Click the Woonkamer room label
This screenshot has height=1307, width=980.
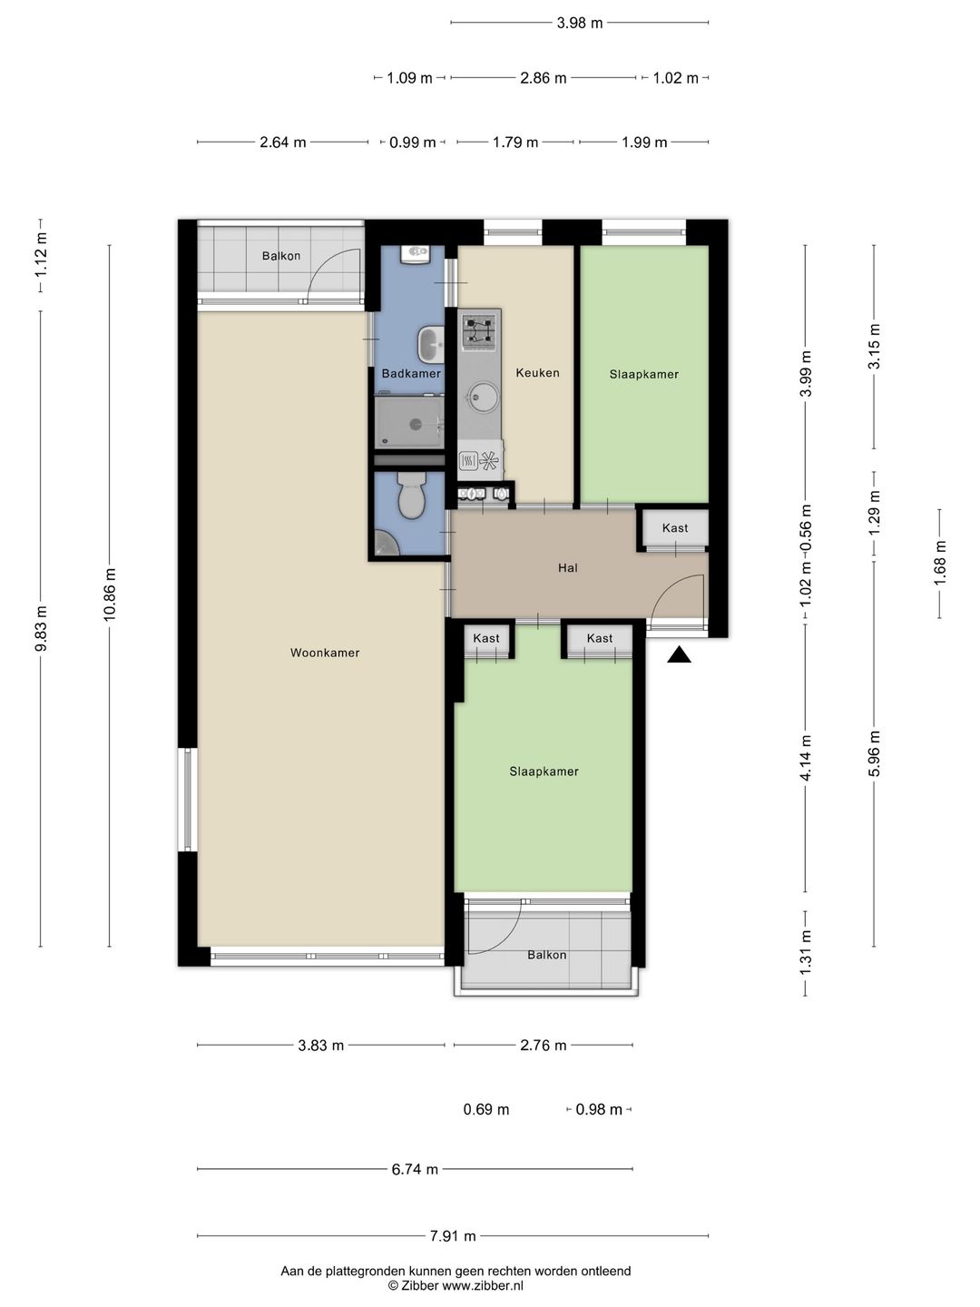click(325, 653)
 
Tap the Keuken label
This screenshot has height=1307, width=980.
click(537, 373)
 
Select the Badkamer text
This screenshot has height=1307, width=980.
click(411, 373)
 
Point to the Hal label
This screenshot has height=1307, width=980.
click(568, 567)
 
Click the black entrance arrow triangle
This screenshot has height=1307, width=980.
click(679, 655)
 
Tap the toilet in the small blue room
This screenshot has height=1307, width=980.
click(410, 495)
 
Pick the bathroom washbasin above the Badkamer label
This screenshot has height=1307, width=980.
click(430, 344)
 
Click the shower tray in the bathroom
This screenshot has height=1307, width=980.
click(409, 423)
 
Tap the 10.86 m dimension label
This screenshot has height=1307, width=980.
click(110, 595)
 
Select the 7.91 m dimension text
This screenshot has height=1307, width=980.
click(453, 1236)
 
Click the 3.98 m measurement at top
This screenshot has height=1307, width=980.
click(580, 23)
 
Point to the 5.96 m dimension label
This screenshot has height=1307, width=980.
click(874, 753)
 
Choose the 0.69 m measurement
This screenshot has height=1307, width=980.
click(486, 1109)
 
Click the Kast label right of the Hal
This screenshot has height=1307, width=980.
click(675, 527)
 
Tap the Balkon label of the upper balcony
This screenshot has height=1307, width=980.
click(281, 255)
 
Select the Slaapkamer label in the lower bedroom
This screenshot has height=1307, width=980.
click(544, 771)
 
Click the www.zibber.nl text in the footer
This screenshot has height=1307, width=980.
click(483, 1285)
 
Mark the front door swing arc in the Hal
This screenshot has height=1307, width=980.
click(668, 588)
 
